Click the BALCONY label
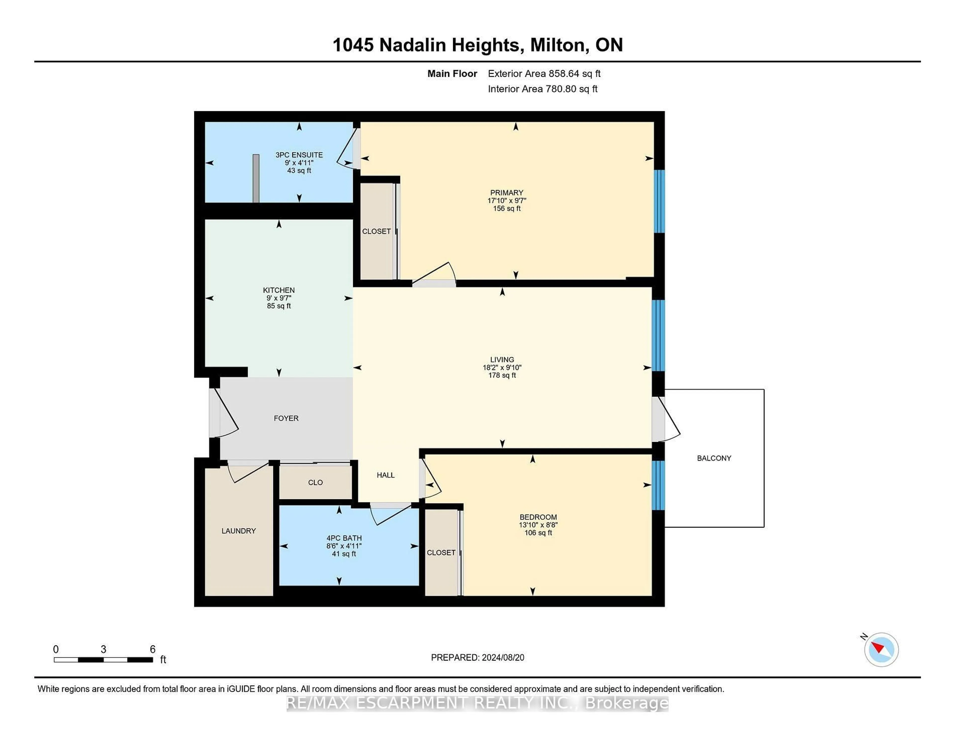click(x=714, y=458)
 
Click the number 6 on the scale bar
click(x=153, y=649)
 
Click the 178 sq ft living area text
click(x=502, y=375)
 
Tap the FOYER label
click(x=286, y=418)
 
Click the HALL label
click(x=386, y=475)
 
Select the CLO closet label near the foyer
click(x=315, y=482)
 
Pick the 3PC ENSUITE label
click(x=299, y=155)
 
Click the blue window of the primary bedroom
click(x=659, y=201)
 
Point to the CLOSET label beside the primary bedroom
click(x=376, y=231)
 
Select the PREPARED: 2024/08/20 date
click(x=477, y=658)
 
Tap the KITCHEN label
click(x=279, y=290)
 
